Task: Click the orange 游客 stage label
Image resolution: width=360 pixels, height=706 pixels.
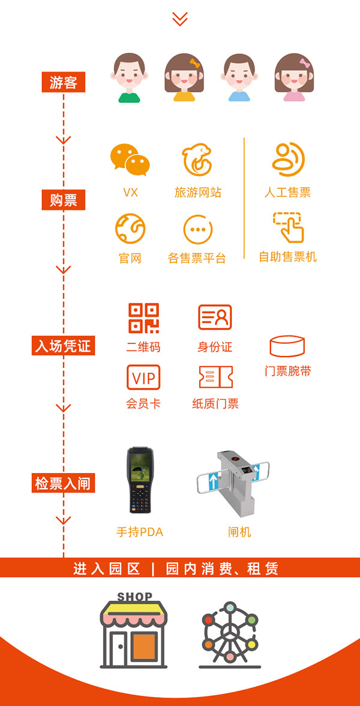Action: [64, 82]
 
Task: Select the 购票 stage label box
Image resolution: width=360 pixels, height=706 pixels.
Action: [64, 199]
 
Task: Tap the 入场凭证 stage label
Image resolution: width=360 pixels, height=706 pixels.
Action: [64, 345]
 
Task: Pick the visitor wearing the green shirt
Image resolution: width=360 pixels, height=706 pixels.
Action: [129, 78]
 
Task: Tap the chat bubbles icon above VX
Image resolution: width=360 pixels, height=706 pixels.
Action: [130, 160]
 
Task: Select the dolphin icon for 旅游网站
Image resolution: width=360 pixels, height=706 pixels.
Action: [197, 160]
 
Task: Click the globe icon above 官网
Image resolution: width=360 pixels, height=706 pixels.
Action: [130, 229]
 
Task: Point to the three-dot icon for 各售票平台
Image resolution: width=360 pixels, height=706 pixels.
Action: [198, 229]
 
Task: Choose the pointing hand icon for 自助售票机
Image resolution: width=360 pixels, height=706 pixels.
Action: [288, 228]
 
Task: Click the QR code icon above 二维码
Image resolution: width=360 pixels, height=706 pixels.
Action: [143, 318]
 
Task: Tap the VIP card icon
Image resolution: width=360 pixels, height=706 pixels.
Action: [143, 377]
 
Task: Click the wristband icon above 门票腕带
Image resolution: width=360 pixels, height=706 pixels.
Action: [287, 346]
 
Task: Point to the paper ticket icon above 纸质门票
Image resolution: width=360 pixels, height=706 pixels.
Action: [216, 377]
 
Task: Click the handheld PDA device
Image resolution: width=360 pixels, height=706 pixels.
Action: [139, 480]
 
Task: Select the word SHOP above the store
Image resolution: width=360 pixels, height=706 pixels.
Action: [134, 597]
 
